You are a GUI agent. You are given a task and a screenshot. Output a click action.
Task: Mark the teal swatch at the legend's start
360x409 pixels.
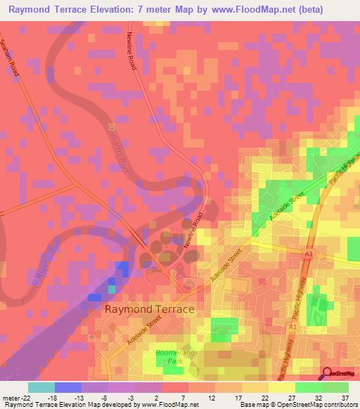point(41,387)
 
